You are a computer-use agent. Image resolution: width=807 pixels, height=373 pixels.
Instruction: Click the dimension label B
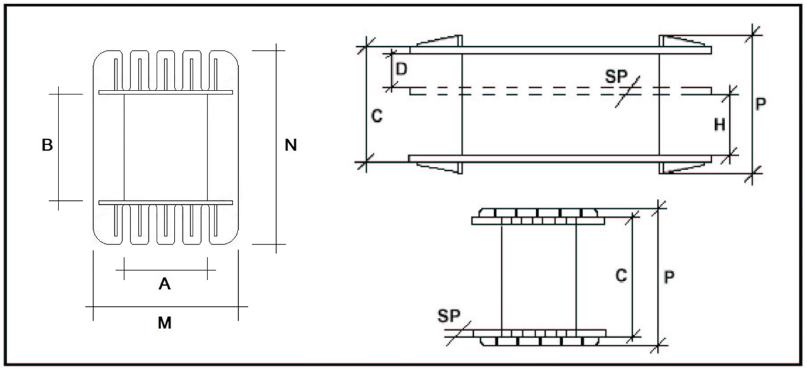(x=47, y=146)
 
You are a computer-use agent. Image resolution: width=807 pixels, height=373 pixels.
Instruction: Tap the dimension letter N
(x=291, y=146)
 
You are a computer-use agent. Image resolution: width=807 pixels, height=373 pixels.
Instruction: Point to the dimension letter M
(x=164, y=323)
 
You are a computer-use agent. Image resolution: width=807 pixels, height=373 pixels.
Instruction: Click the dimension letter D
(x=401, y=69)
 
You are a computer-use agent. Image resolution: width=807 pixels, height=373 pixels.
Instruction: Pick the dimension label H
(x=720, y=125)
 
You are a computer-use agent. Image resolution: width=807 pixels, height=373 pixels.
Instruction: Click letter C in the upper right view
(x=377, y=117)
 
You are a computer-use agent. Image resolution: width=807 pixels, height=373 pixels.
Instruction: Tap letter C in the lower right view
(x=621, y=276)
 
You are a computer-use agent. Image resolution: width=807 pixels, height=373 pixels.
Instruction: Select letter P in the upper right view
(x=761, y=105)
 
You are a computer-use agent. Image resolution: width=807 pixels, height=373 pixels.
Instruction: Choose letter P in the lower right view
(x=669, y=277)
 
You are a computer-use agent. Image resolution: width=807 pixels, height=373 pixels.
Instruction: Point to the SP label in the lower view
(x=449, y=316)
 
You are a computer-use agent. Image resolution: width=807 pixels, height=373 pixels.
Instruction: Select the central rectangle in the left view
(x=166, y=148)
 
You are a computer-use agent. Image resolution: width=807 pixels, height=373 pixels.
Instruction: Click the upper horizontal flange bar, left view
(x=166, y=93)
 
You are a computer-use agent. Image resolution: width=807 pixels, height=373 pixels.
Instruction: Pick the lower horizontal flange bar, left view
(x=166, y=203)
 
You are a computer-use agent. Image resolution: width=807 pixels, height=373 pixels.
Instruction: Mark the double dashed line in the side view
(x=546, y=91)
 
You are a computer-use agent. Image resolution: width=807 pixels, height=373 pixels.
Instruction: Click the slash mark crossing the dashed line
(x=627, y=91)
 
